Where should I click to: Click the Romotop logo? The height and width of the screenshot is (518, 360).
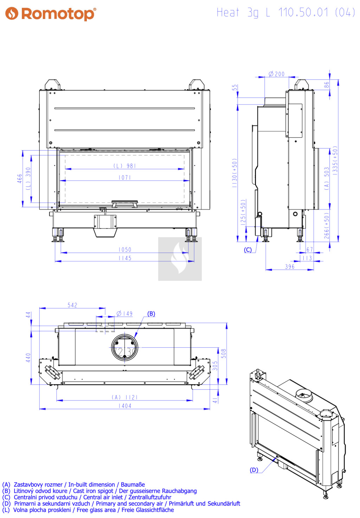(x=51, y=13)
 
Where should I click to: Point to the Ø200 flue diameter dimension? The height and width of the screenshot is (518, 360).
(x=276, y=74)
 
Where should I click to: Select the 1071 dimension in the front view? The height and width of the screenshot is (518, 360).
(x=125, y=178)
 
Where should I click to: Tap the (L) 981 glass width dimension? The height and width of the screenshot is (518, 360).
(x=125, y=166)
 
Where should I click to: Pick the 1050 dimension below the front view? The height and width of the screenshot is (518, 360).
(x=125, y=249)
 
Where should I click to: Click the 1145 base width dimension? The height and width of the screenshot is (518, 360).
(x=125, y=258)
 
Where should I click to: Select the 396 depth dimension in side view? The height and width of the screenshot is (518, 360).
(x=290, y=267)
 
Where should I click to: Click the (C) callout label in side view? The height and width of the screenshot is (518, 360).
(x=248, y=250)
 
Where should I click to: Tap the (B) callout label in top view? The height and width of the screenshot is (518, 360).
(x=151, y=314)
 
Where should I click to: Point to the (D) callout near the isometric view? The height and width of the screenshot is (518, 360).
(x=254, y=470)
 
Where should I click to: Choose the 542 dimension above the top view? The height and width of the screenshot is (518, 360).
(x=72, y=305)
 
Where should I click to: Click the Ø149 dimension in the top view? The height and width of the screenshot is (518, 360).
(x=125, y=314)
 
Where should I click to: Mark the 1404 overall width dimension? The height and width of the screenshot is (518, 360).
(x=125, y=406)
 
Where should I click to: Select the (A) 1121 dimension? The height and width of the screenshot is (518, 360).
(x=125, y=397)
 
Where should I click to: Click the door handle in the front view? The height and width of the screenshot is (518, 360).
(x=124, y=204)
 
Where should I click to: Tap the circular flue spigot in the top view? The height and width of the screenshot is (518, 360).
(x=124, y=347)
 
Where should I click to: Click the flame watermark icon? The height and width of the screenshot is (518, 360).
(x=180, y=259)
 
